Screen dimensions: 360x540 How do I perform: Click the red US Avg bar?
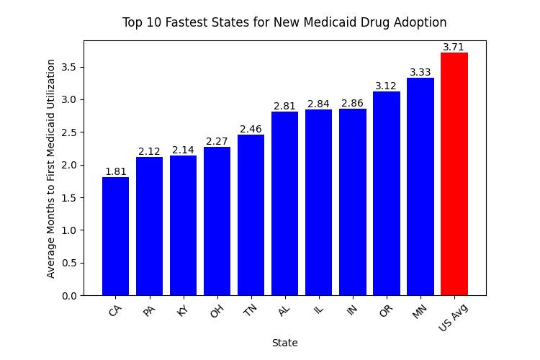454,174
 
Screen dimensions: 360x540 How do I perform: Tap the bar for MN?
420,186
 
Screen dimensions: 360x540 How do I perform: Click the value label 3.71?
454,48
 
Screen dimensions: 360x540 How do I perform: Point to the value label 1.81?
115,171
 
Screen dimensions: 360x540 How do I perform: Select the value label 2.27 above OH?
217,141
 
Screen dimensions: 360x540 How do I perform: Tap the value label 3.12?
386,86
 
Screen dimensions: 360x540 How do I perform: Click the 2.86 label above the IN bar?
352,104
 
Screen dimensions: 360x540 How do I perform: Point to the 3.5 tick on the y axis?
70,67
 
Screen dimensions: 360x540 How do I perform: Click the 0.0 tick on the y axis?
70,295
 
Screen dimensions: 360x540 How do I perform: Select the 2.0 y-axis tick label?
70,165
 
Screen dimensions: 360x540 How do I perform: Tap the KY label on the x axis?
182,311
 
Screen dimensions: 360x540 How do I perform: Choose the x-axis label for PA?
149,311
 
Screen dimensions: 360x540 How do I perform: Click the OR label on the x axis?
385,311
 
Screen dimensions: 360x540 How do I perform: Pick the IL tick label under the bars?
318,310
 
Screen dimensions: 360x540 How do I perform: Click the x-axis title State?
284,343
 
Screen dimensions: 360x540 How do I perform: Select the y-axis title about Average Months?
51,168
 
